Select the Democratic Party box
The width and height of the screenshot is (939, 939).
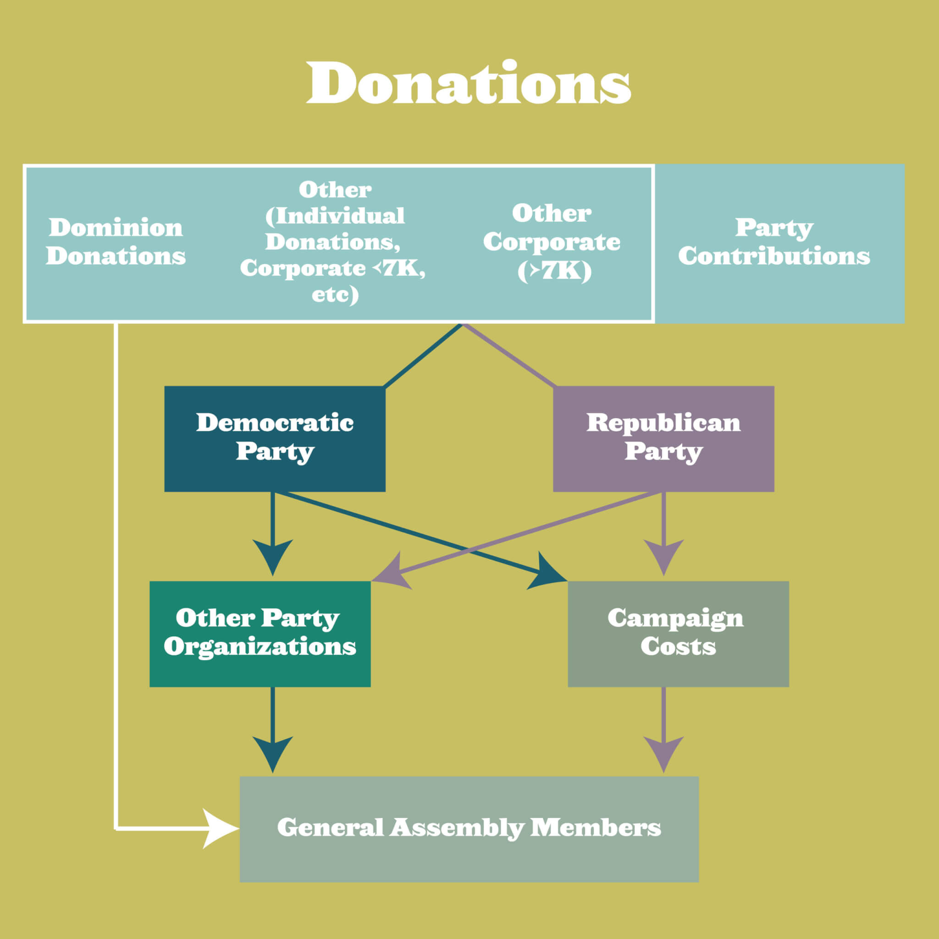pos(275,438)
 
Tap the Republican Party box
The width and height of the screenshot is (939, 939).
pos(663,438)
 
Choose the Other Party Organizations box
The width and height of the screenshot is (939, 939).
pos(260,633)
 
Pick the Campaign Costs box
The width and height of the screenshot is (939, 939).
pos(678,633)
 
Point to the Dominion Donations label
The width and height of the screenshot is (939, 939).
pos(116,242)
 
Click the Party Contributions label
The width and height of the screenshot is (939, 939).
pos(774,242)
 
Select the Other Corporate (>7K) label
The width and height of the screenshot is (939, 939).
pos(552,242)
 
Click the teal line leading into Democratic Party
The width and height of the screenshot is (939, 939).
pos(423,355)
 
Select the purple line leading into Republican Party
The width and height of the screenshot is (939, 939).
pos(508,355)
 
